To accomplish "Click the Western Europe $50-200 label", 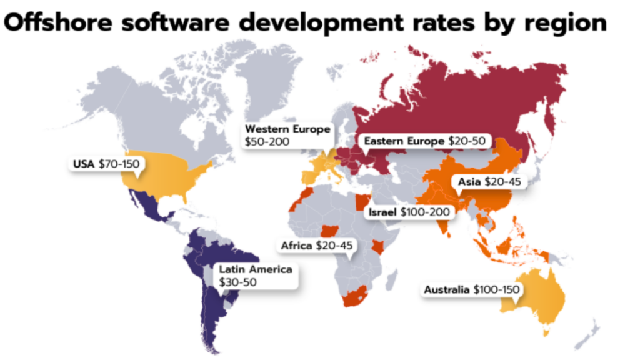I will click(x=287, y=136).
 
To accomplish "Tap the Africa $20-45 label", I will click(x=317, y=246).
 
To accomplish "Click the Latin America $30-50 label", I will click(x=255, y=276).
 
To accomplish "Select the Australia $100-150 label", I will click(x=472, y=290).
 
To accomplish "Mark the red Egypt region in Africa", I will click(x=360, y=204).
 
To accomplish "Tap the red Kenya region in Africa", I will click(x=378, y=246).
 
